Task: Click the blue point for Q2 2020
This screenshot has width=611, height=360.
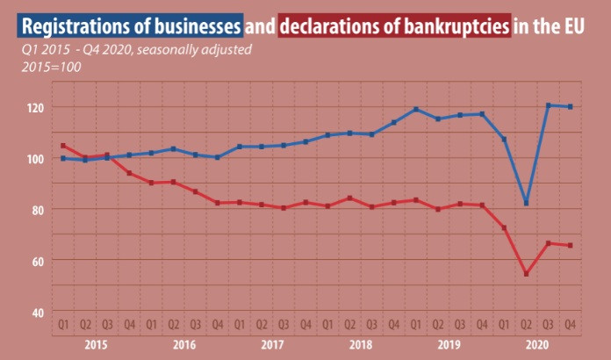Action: coord(526,203)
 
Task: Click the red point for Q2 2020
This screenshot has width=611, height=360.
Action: coord(526,274)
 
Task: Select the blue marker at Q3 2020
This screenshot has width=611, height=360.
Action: coord(548,105)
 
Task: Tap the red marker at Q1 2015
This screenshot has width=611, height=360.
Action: coord(63,146)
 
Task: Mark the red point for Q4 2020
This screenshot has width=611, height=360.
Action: coord(570,245)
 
